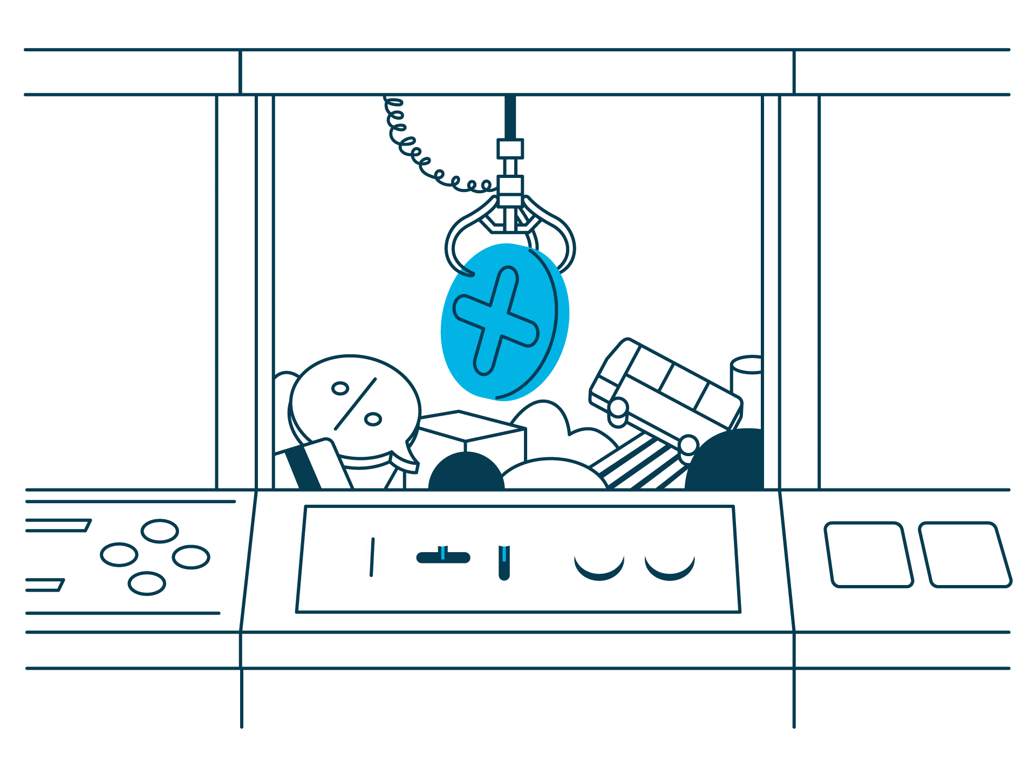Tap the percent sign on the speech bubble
356,404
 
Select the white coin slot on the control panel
372,556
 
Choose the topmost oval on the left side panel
160,531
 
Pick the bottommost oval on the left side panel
147,583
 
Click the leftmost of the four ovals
119,554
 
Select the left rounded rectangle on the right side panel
869,554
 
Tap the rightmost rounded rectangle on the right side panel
965,554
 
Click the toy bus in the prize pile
666,388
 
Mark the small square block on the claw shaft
510,149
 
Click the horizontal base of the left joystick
443,558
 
